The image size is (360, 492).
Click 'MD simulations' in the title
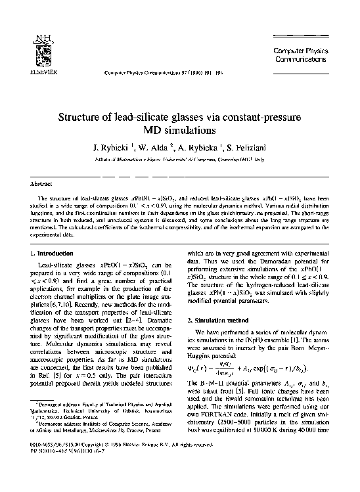click(179, 131)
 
